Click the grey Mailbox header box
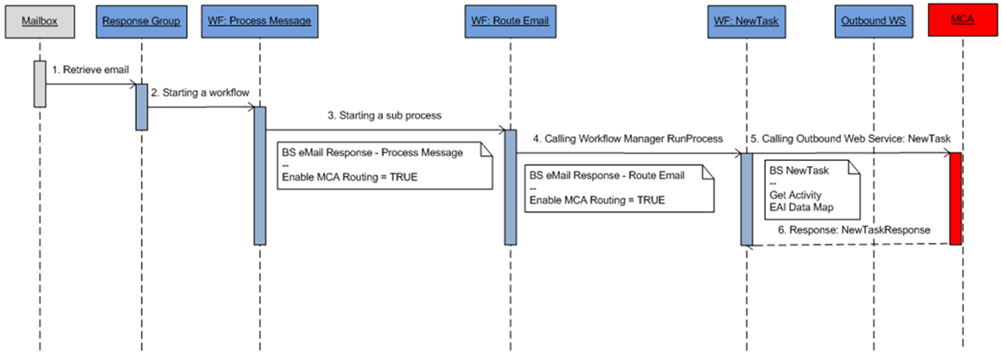[39, 21]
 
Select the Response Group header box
[142, 21]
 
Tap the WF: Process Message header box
[260, 21]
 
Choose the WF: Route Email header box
[509, 21]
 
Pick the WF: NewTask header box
[746, 21]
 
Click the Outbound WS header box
[874, 21]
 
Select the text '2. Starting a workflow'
[200, 93]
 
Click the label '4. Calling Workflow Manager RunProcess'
[627, 138]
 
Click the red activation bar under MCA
[956, 198]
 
